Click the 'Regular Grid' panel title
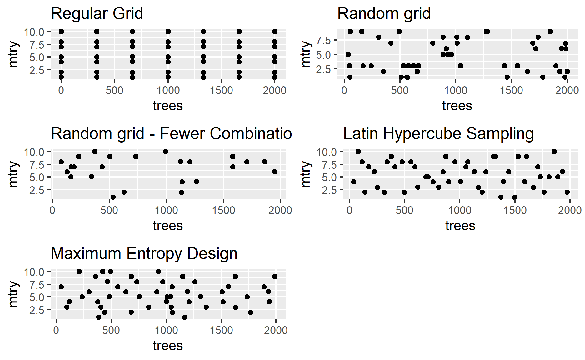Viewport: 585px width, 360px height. (97, 14)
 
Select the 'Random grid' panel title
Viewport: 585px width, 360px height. (384, 14)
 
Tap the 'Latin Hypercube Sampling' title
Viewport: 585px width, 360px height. (438, 134)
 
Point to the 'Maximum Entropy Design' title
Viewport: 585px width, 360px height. (144, 254)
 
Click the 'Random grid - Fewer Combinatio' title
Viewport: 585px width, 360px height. (171, 134)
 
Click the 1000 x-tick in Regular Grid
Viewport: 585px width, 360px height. (168, 91)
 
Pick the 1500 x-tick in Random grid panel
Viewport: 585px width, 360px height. (511, 91)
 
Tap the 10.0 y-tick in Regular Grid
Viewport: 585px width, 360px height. (34, 32)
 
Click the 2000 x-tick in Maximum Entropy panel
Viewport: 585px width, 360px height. (276, 331)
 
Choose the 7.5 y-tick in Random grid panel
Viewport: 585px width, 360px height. (323, 40)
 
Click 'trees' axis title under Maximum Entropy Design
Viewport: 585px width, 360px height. (168, 346)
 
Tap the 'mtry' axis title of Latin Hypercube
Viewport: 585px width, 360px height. (306, 174)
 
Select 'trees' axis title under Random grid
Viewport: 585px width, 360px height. (457, 106)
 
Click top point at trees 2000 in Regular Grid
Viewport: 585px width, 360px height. (275, 32)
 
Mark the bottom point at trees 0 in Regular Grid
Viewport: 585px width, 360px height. (61, 77)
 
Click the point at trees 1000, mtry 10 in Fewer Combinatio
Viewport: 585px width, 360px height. (166, 152)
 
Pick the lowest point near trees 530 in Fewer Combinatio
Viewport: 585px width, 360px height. (113, 197)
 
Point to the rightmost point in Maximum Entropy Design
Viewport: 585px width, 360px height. (275, 277)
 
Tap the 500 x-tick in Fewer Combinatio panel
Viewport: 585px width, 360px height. (109, 211)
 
